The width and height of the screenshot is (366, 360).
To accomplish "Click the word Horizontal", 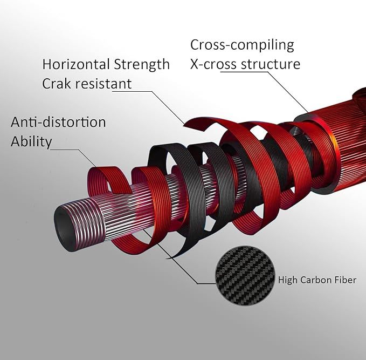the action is [76, 64].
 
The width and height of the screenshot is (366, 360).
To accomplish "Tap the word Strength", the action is [142, 65].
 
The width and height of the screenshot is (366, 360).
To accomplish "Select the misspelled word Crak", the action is [57, 84].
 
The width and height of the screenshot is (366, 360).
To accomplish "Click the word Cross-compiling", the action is [242, 45].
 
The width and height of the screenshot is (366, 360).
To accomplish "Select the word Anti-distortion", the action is [58, 122].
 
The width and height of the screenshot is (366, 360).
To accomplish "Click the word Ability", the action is [31, 141].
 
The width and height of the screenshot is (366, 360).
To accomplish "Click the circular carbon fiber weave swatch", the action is [245, 276].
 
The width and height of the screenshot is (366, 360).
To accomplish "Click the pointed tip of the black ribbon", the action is [166, 259].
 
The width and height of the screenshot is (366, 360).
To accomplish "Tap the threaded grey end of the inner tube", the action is [79, 225].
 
